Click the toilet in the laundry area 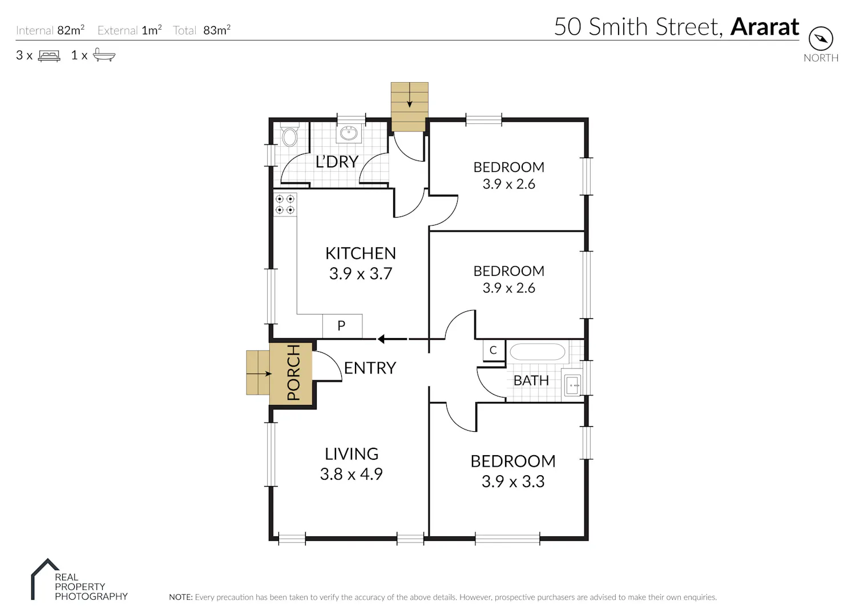(290, 135)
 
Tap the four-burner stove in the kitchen (285, 204)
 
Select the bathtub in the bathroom (538, 352)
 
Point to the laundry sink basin (349, 133)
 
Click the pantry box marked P (342, 326)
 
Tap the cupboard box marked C (494, 350)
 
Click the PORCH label (293, 372)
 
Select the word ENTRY (370, 368)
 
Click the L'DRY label (337, 162)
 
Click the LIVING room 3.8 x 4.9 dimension (351, 475)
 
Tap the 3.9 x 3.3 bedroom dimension (513, 481)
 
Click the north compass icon (821, 39)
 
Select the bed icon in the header (49, 56)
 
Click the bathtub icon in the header (104, 55)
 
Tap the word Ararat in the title (765, 27)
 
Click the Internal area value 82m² (71, 30)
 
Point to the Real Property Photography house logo (45, 579)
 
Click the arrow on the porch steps (264, 374)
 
